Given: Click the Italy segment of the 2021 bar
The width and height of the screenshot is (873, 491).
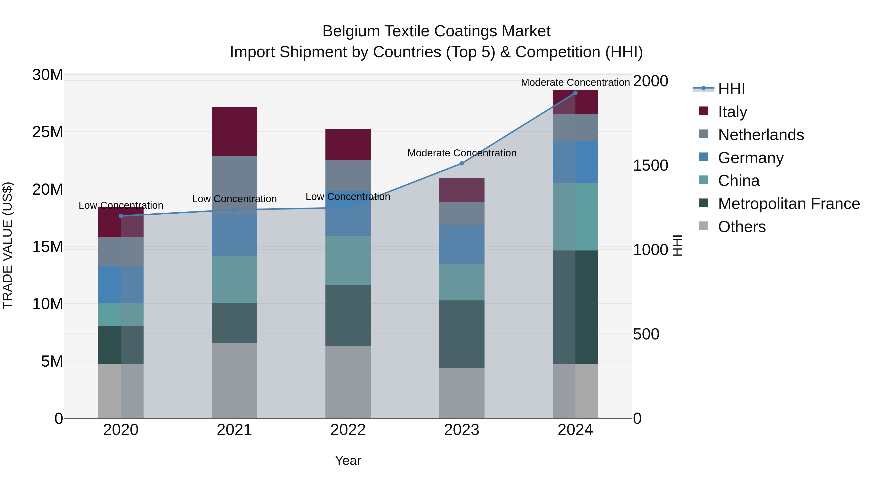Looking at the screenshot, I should [234, 131].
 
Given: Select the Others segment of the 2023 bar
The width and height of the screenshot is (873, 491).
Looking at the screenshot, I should [461, 393].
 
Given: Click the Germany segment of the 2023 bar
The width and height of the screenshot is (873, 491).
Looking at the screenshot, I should [461, 244].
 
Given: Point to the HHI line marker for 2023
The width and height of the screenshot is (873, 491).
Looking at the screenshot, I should [461, 163].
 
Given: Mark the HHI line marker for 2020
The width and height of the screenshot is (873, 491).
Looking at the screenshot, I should [121, 216].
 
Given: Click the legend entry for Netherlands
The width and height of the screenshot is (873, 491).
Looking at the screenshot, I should [760, 135].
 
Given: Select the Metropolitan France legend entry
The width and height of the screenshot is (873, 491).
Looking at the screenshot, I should [788, 204].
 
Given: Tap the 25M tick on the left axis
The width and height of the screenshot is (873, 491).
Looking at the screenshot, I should [48, 132].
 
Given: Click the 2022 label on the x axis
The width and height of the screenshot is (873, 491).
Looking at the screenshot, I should [348, 430].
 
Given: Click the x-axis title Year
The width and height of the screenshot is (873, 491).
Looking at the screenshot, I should [348, 460].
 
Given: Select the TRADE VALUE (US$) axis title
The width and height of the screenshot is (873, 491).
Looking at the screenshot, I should [8, 245].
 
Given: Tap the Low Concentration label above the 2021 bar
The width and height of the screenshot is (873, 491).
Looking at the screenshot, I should [234, 199].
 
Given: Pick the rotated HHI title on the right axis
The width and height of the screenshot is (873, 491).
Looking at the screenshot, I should [677, 245].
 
